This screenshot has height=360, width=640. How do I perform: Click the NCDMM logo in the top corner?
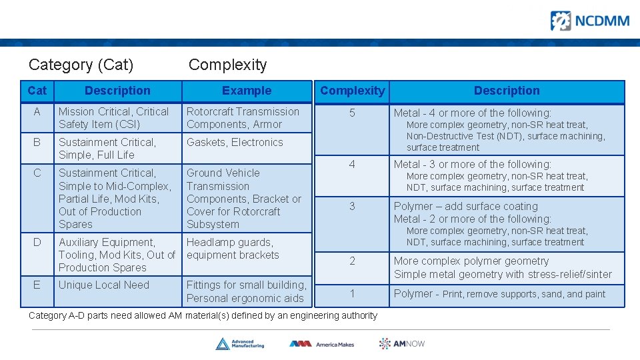tap(589, 21)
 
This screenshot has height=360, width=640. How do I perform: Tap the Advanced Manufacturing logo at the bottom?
tap(239, 343)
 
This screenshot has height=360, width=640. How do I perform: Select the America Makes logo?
tap(321, 344)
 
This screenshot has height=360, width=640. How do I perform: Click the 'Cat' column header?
tap(37, 91)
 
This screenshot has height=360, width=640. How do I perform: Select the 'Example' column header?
tap(247, 91)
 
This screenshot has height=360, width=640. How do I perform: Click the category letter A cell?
tap(37, 112)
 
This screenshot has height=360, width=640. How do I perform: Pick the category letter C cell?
tap(37, 173)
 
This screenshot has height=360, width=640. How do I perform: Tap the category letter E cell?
tap(37, 285)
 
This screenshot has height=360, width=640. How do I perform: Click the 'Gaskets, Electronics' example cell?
tap(235, 143)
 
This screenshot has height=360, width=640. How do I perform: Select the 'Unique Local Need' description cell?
tap(104, 285)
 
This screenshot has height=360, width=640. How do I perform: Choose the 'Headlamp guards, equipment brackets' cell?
tap(233, 249)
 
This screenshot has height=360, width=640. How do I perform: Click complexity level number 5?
tap(352, 113)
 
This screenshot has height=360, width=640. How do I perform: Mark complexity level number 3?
tap(352, 207)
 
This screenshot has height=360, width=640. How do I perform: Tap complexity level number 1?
tap(352, 293)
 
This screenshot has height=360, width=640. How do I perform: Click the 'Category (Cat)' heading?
tap(81, 65)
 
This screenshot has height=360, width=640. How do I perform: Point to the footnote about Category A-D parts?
tap(203, 315)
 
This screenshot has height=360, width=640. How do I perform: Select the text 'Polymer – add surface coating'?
tap(465, 207)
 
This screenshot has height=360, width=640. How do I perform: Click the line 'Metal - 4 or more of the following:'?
tap(472, 113)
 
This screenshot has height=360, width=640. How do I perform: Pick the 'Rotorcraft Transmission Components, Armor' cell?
tap(243, 118)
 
